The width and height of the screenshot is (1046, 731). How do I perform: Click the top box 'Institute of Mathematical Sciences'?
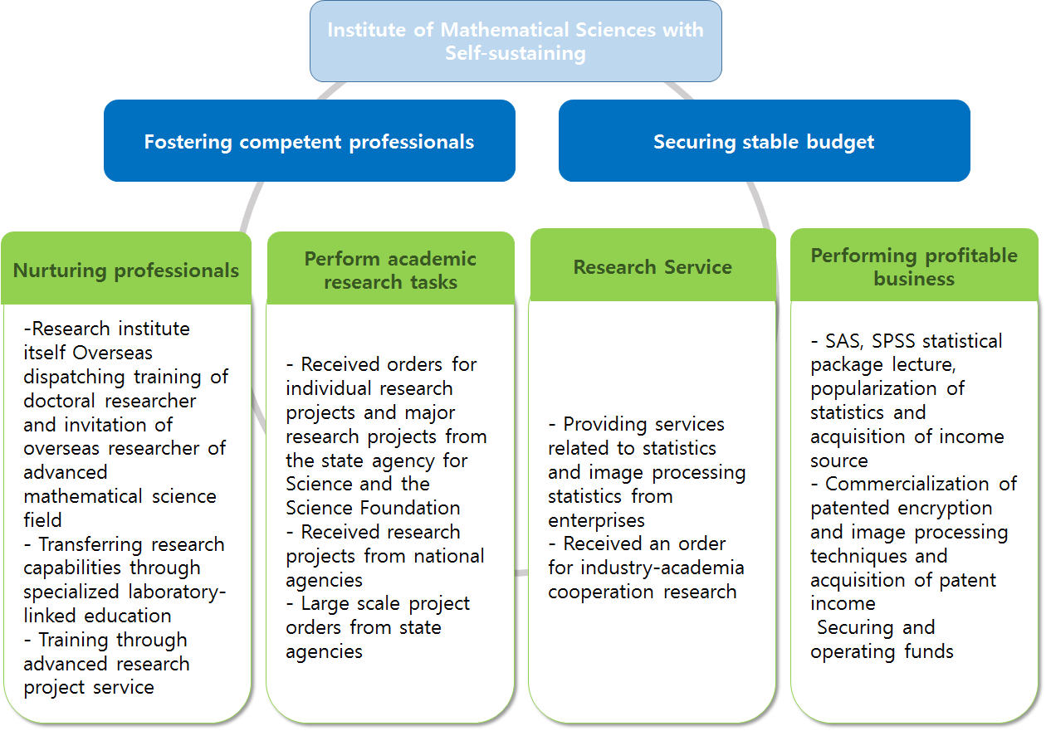coord(516,41)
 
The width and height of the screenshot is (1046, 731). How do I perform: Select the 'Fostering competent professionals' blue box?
coord(310,140)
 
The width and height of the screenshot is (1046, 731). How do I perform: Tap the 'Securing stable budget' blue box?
coord(765,140)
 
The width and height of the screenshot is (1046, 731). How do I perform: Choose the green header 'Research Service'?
coord(653,266)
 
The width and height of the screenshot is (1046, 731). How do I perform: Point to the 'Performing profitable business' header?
coord(914,266)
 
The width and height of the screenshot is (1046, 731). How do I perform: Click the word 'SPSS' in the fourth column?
coord(893,341)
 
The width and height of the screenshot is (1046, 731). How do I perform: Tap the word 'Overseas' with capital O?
coord(113,353)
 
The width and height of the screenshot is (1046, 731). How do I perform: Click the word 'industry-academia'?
coord(662,568)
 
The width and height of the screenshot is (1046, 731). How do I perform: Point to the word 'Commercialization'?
coord(907,484)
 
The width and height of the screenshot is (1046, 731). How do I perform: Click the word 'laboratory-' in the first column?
coord(177,592)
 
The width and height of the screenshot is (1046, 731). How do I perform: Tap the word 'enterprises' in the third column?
coord(596,521)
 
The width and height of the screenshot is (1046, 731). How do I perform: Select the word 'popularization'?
coord(873,389)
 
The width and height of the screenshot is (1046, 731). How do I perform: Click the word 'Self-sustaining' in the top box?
coord(516,53)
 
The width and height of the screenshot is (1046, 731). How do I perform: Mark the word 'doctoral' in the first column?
coord(59,401)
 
